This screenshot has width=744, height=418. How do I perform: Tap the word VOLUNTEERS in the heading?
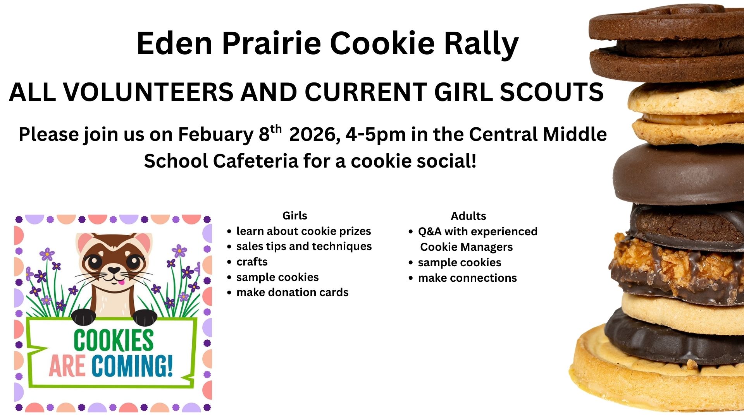[148, 92]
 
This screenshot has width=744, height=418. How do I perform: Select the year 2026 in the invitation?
[315, 135]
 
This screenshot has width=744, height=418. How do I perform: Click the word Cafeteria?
[256, 161]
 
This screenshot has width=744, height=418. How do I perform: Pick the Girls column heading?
[295, 216]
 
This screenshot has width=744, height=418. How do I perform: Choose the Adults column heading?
[468, 216]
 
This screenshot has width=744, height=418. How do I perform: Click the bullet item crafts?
[252, 262]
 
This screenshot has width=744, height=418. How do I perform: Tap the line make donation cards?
[293, 293]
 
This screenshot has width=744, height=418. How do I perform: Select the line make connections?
[467, 278]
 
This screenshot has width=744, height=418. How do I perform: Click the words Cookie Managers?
[467, 247]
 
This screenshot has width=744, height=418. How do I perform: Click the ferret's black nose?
[114, 270]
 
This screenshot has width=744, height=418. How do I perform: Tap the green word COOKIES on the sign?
[114, 340]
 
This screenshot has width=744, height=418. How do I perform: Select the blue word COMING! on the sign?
[132, 366]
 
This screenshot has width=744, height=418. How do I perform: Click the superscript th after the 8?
[276, 129]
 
